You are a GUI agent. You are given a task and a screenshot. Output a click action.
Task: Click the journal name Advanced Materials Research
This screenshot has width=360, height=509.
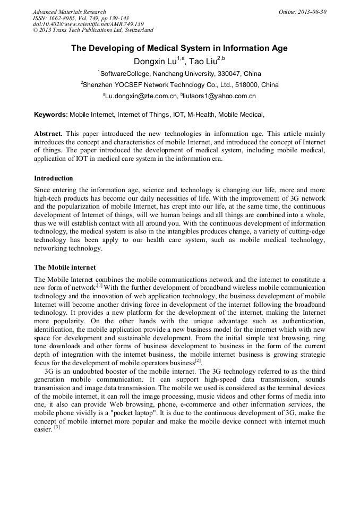pyautogui.click(x=69, y=12)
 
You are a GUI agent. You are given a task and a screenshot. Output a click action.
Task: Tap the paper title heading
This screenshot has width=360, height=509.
pyautogui.click(x=179, y=48)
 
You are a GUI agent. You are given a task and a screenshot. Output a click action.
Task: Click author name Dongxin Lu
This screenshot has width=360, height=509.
pyautogui.click(x=155, y=62)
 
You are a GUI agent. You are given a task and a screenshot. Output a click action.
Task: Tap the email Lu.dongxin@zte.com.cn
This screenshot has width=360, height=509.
pyautogui.click(x=141, y=97)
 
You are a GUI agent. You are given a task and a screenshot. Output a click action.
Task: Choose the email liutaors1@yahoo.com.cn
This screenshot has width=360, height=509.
pyautogui.click(x=220, y=97)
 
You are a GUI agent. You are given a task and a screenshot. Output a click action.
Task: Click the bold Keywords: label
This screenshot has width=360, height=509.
pyautogui.click(x=51, y=115)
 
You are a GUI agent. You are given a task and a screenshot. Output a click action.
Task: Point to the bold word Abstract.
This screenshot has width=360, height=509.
pyautogui.click(x=48, y=134)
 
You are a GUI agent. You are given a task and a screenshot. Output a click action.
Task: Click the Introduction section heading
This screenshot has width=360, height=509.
pyautogui.click(x=54, y=178)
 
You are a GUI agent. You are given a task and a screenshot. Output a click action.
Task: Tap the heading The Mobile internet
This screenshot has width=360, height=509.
pyautogui.click(x=65, y=266)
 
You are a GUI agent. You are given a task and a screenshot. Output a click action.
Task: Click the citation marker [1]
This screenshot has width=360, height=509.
pyautogui.click(x=99, y=285)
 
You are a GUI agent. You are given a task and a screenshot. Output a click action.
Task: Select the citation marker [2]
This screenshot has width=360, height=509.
pyautogui.click(x=198, y=361)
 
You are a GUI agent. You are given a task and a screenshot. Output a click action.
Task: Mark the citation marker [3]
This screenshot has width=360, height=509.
pyautogui.click(x=57, y=427)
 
